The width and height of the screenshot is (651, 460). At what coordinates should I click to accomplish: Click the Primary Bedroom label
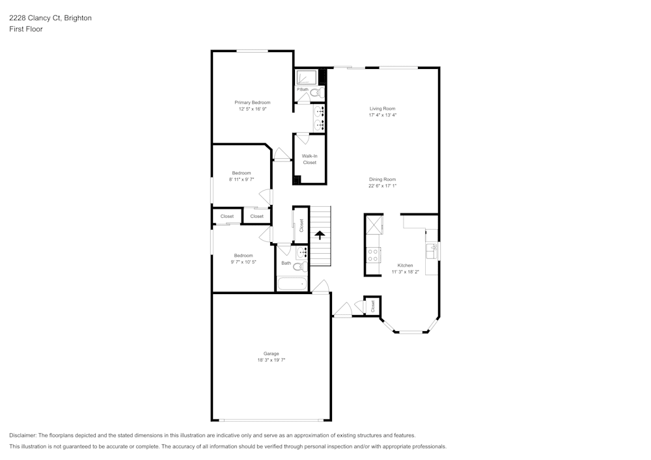pyautogui.click(x=252, y=102)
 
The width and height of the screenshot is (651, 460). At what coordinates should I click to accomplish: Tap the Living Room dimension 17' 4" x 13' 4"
pyautogui.click(x=382, y=115)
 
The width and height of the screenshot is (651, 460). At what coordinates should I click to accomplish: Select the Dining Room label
pyautogui.click(x=382, y=179)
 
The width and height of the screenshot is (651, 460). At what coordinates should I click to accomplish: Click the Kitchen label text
pyautogui.click(x=405, y=265)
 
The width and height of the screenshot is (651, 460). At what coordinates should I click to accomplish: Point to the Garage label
pyautogui.click(x=271, y=353)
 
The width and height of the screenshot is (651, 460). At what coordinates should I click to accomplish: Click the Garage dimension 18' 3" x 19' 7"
pyautogui.click(x=271, y=360)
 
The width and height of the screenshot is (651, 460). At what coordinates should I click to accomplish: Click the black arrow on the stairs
pyautogui.click(x=320, y=234)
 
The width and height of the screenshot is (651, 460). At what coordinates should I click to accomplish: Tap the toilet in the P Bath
pyautogui.click(x=316, y=93)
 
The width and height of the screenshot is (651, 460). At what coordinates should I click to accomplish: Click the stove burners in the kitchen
pyautogui.click(x=374, y=254)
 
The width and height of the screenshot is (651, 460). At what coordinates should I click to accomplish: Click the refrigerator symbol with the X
pyautogui.click(x=374, y=226)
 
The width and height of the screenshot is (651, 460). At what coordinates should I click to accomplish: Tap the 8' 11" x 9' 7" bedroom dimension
pyautogui.click(x=242, y=179)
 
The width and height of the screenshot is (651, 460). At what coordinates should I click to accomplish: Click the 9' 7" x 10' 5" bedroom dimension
pyautogui.click(x=243, y=262)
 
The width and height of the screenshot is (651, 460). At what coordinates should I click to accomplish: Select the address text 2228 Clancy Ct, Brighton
pyautogui.click(x=50, y=18)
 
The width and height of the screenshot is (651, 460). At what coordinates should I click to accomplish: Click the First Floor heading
pyautogui.click(x=26, y=29)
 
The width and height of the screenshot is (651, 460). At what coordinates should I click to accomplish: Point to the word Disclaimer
pyautogui.click(x=23, y=435)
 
